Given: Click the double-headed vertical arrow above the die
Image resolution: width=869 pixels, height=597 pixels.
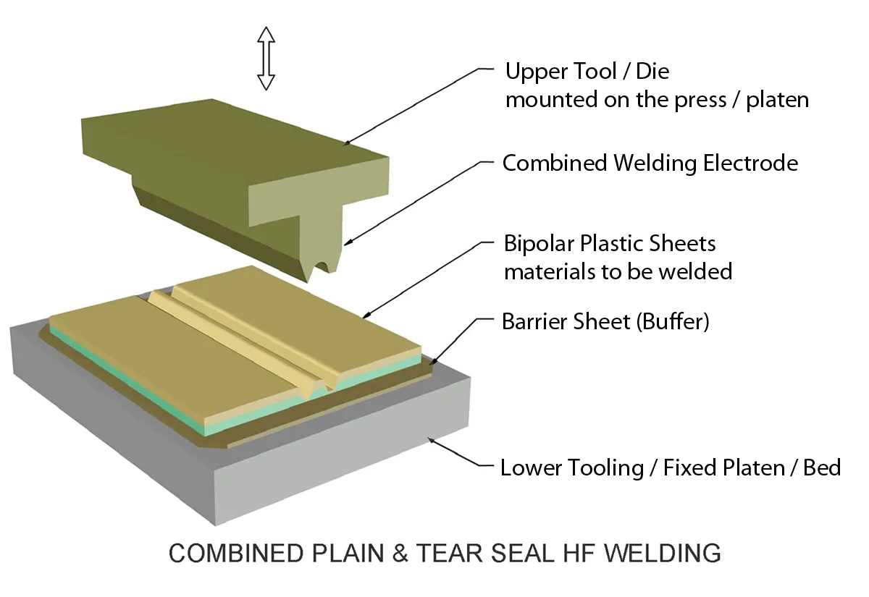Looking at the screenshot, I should [x=266, y=58].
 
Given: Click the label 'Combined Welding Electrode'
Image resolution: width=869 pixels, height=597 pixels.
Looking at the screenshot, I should [x=650, y=164].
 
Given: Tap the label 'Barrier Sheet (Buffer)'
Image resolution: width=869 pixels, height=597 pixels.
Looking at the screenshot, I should [x=605, y=321].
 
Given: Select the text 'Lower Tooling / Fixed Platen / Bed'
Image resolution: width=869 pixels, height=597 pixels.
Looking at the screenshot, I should [x=671, y=467].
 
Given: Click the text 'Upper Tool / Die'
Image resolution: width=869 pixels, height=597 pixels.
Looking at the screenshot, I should [x=587, y=72].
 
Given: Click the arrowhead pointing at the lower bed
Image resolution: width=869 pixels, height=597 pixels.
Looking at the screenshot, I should [x=432, y=438].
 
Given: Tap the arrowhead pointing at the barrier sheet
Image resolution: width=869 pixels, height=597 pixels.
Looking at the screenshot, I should [x=433, y=361].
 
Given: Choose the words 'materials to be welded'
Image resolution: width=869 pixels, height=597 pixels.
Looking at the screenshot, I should [x=618, y=272].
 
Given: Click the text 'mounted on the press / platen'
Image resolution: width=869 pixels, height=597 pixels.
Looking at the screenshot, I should [x=657, y=100].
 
